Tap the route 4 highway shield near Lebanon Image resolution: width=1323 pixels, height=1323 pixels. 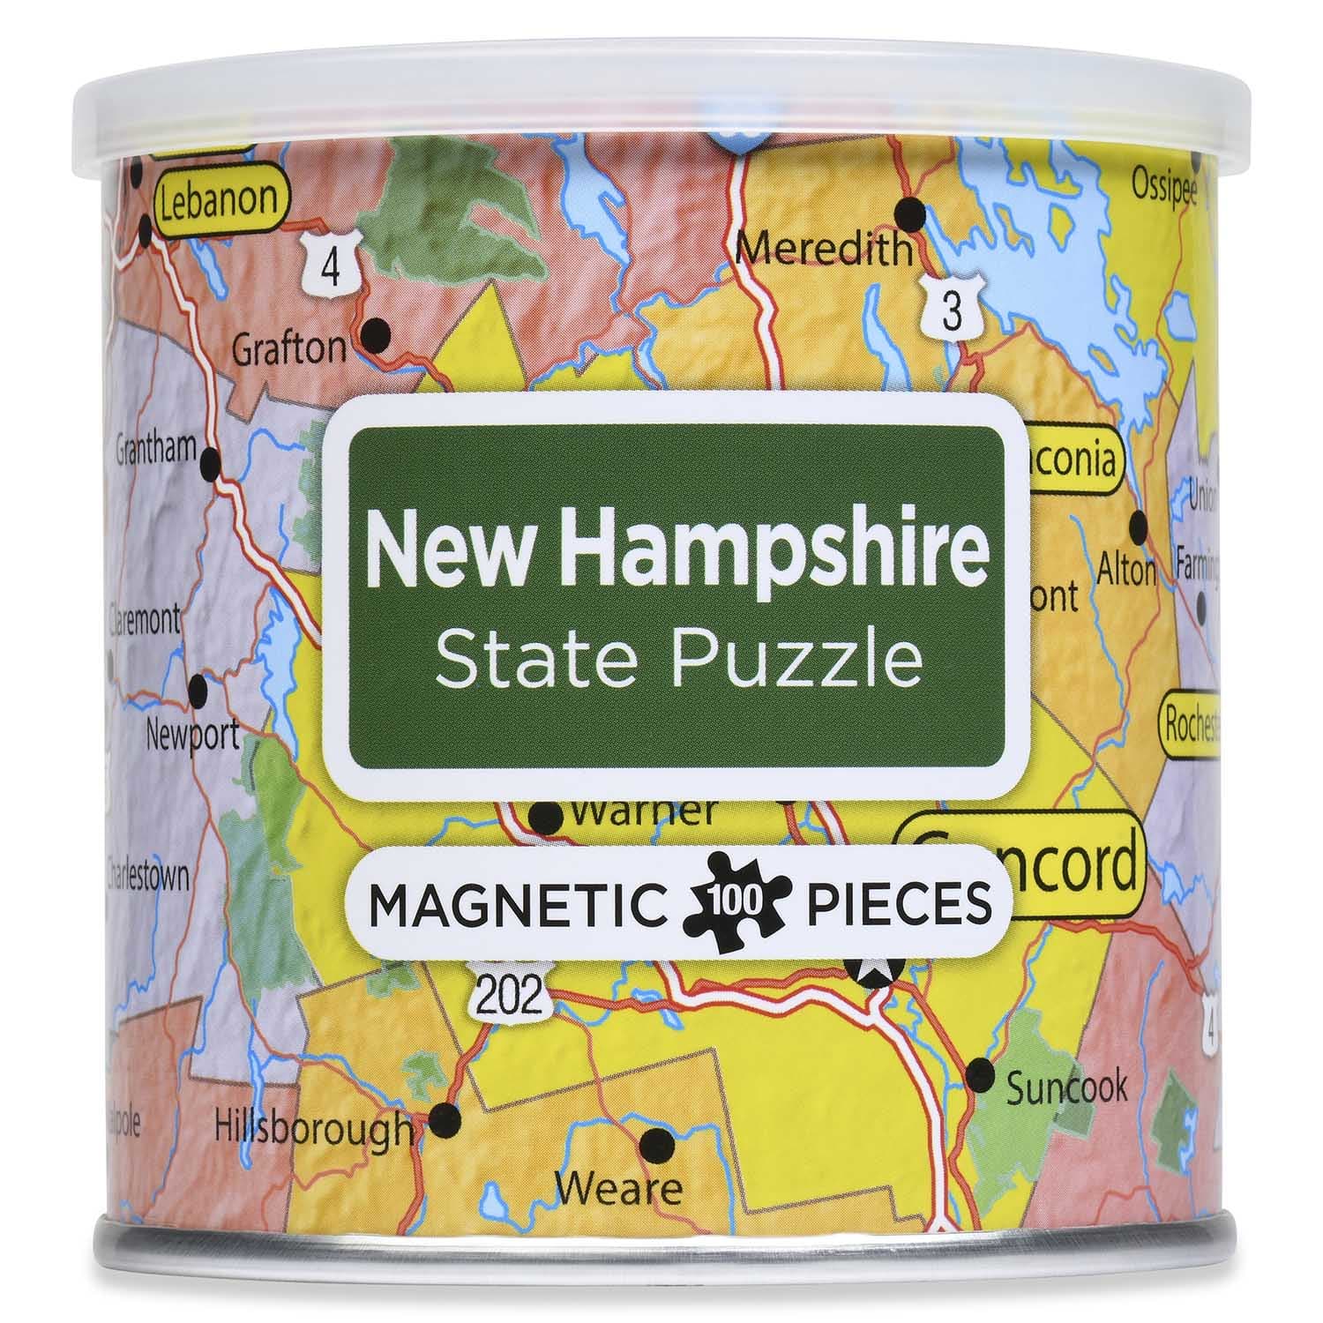coord(330,262)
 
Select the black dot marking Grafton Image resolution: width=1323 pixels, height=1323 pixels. coord(377,333)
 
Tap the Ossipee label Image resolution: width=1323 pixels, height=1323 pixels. coord(1164,187)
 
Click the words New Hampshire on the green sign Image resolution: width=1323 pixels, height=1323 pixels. coord(676,549)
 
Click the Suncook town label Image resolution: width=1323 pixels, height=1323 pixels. coord(1066,1087)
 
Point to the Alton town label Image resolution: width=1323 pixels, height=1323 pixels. coord(1126,572)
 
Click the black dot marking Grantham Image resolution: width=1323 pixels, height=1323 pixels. coord(211,460)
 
